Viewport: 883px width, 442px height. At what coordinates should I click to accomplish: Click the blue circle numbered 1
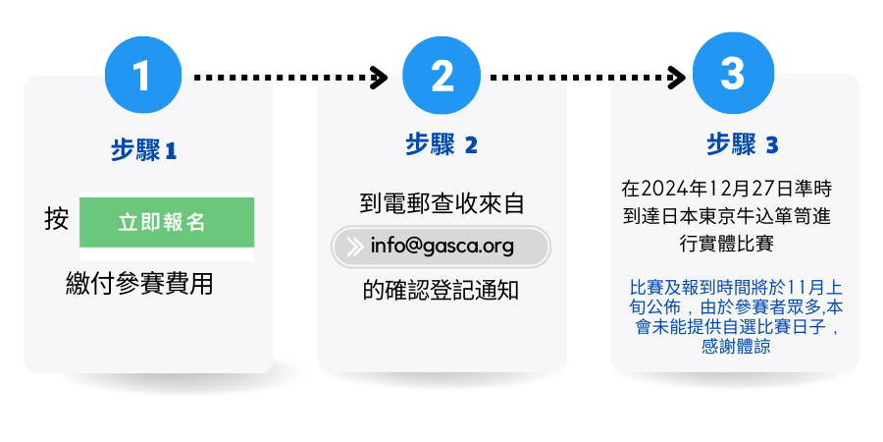143,75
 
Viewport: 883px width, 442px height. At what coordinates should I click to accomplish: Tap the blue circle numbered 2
442,76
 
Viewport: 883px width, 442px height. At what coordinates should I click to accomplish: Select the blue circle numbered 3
733,74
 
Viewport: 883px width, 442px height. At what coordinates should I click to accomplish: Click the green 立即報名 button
167,222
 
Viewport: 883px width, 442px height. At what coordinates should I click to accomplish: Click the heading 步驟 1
143,150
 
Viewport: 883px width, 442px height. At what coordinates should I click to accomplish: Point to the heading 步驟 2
441,145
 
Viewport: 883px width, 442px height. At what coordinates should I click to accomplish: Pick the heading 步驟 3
743,145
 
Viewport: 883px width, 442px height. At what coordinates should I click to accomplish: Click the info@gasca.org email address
442,247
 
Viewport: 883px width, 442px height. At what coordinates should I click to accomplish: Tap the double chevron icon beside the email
354,247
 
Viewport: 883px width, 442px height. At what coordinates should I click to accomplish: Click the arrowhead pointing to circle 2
379,78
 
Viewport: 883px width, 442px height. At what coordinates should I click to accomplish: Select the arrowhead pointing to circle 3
676,78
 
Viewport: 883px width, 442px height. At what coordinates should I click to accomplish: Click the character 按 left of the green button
56,219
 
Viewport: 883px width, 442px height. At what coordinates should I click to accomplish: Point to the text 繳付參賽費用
139,284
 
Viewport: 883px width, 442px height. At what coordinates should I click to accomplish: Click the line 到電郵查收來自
442,203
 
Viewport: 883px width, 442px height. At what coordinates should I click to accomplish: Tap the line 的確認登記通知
441,291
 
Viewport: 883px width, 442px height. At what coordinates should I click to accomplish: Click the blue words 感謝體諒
736,346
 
